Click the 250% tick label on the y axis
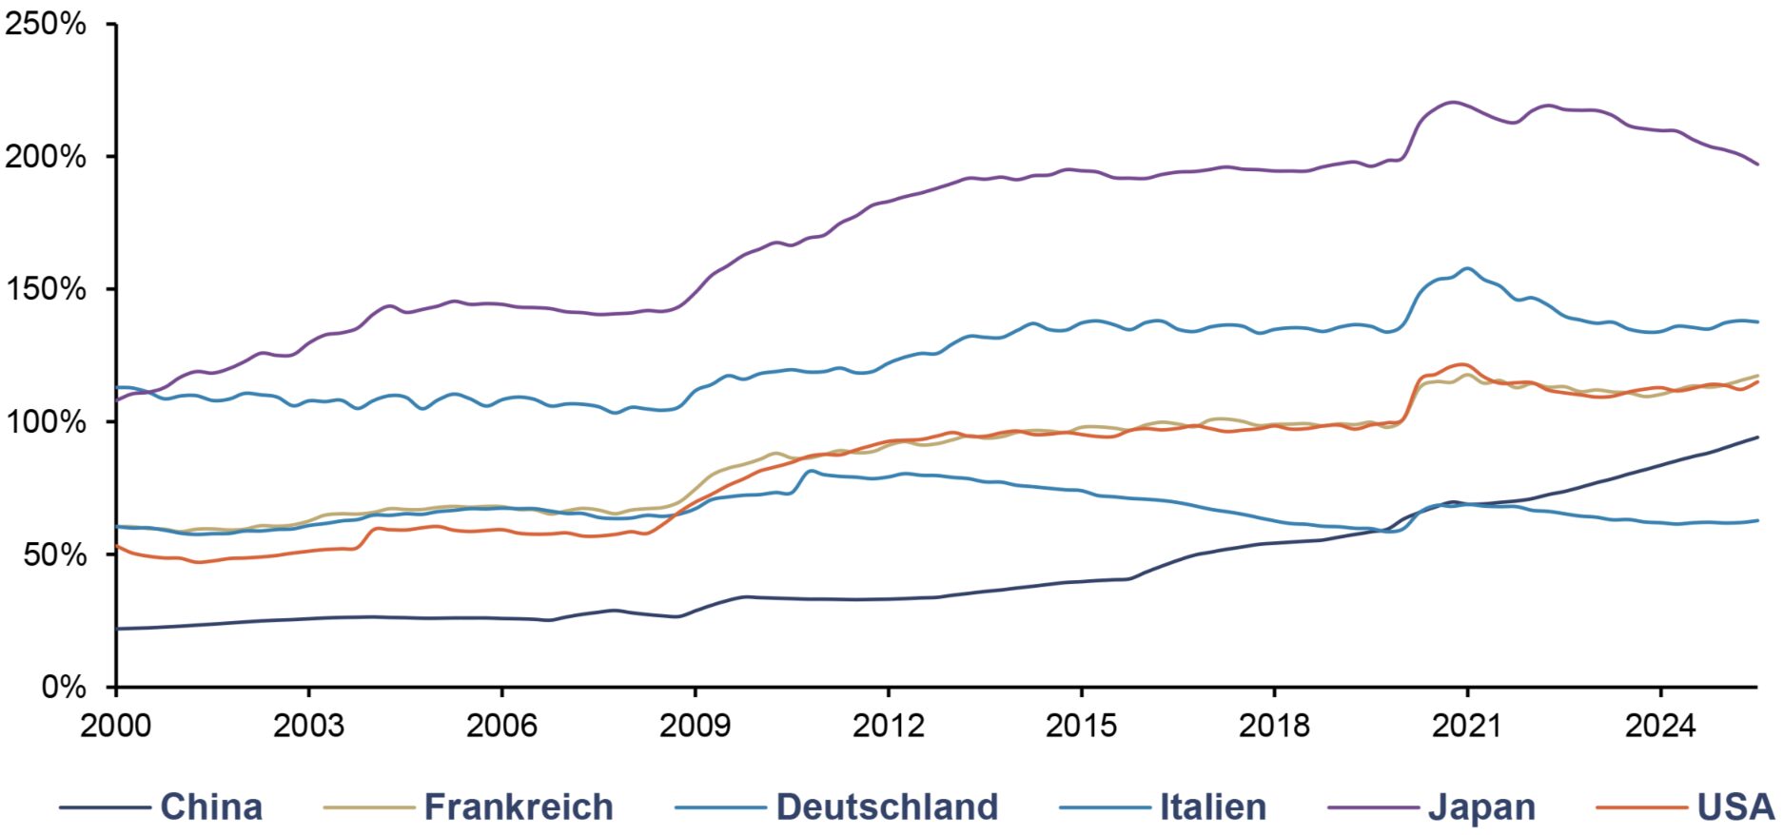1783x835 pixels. (45, 24)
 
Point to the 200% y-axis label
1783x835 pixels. (45, 157)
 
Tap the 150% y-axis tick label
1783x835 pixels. (45, 289)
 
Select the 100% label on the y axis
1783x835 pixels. (45, 422)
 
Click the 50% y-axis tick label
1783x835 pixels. (53, 554)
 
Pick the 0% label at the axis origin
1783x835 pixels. (63, 687)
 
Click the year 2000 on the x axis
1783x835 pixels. (115, 726)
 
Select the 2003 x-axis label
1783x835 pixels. (308, 726)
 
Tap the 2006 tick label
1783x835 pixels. (501, 726)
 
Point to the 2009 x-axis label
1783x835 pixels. (695, 726)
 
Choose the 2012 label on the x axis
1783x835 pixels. (888, 726)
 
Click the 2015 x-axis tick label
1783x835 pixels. (1081, 726)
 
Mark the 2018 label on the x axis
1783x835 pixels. (1274, 726)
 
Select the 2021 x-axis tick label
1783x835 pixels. (1467, 726)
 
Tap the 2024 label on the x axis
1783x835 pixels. (1660, 726)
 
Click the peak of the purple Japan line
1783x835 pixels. (1452, 102)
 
